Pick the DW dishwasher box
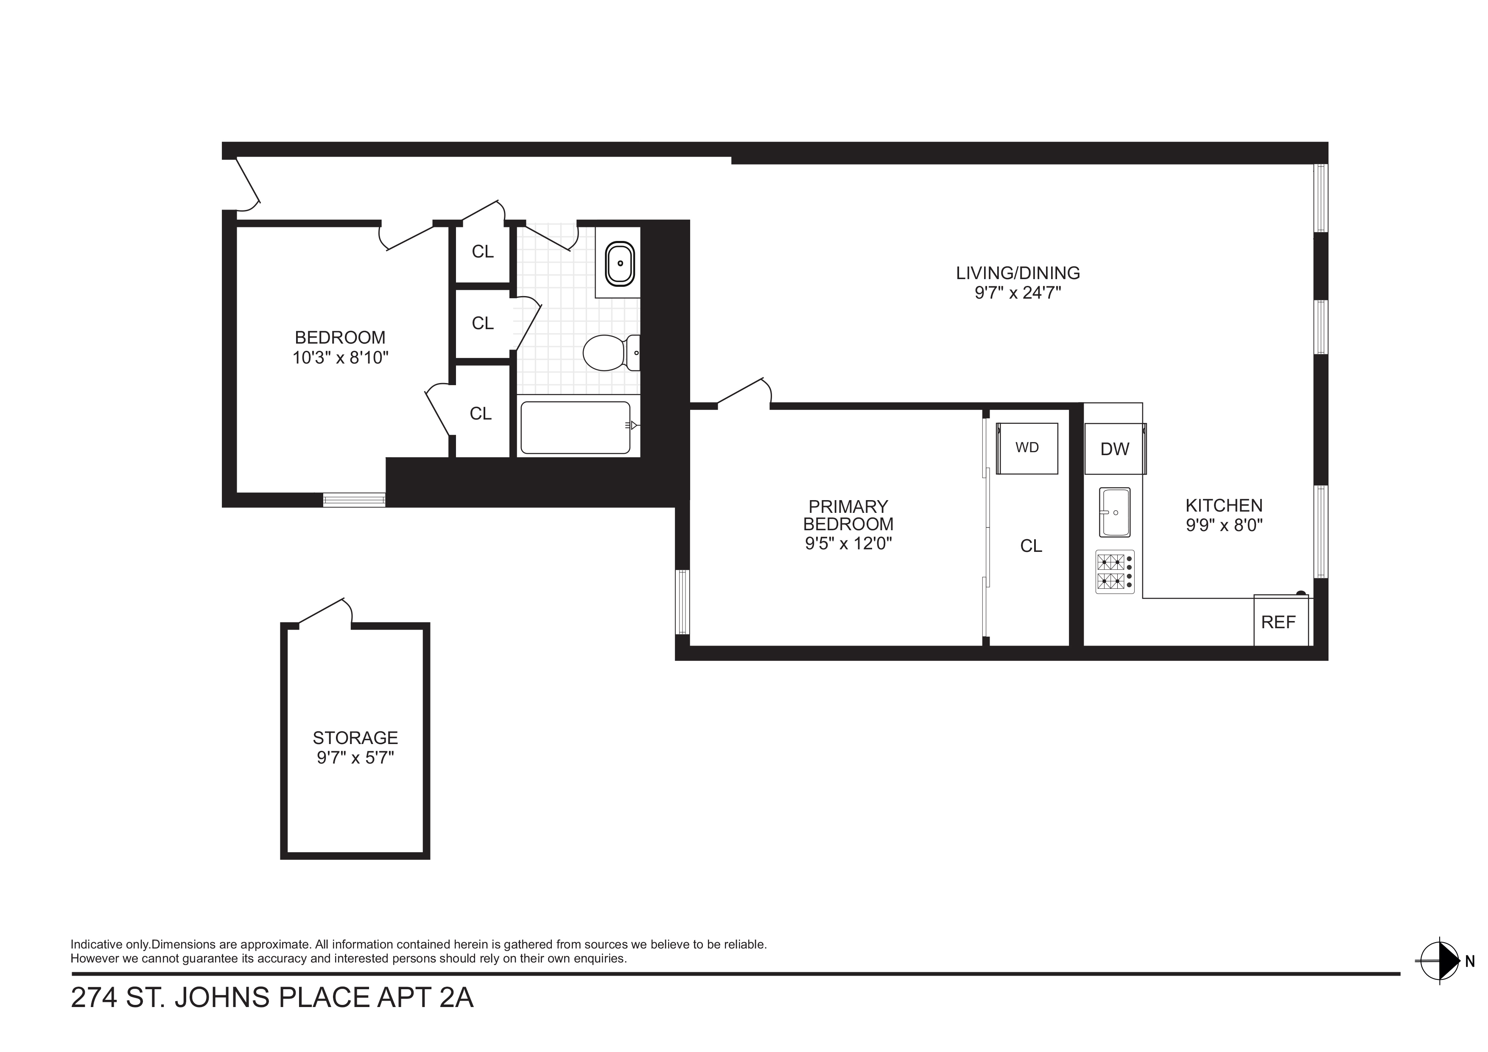[x=1115, y=448]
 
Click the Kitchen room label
[x=1224, y=506]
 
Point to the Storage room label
[x=355, y=738]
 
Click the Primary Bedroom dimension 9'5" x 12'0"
[x=848, y=543]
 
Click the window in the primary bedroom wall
[x=682, y=602]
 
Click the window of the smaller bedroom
[x=354, y=500]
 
